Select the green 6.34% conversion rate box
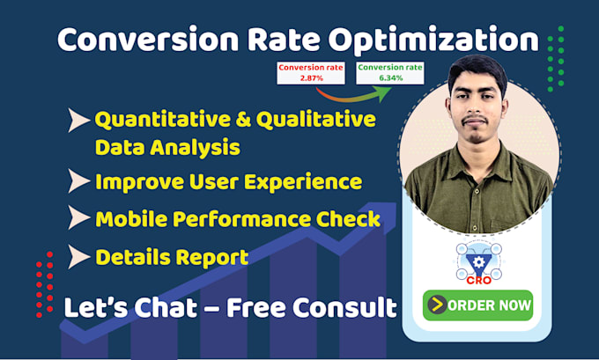[389, 72]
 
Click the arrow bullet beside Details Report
[79, 257]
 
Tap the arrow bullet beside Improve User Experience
[79, 182]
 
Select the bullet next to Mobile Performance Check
[79, 219]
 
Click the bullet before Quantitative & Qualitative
[79, 120]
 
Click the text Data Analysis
[167, 148]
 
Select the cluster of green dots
[555, 57]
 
